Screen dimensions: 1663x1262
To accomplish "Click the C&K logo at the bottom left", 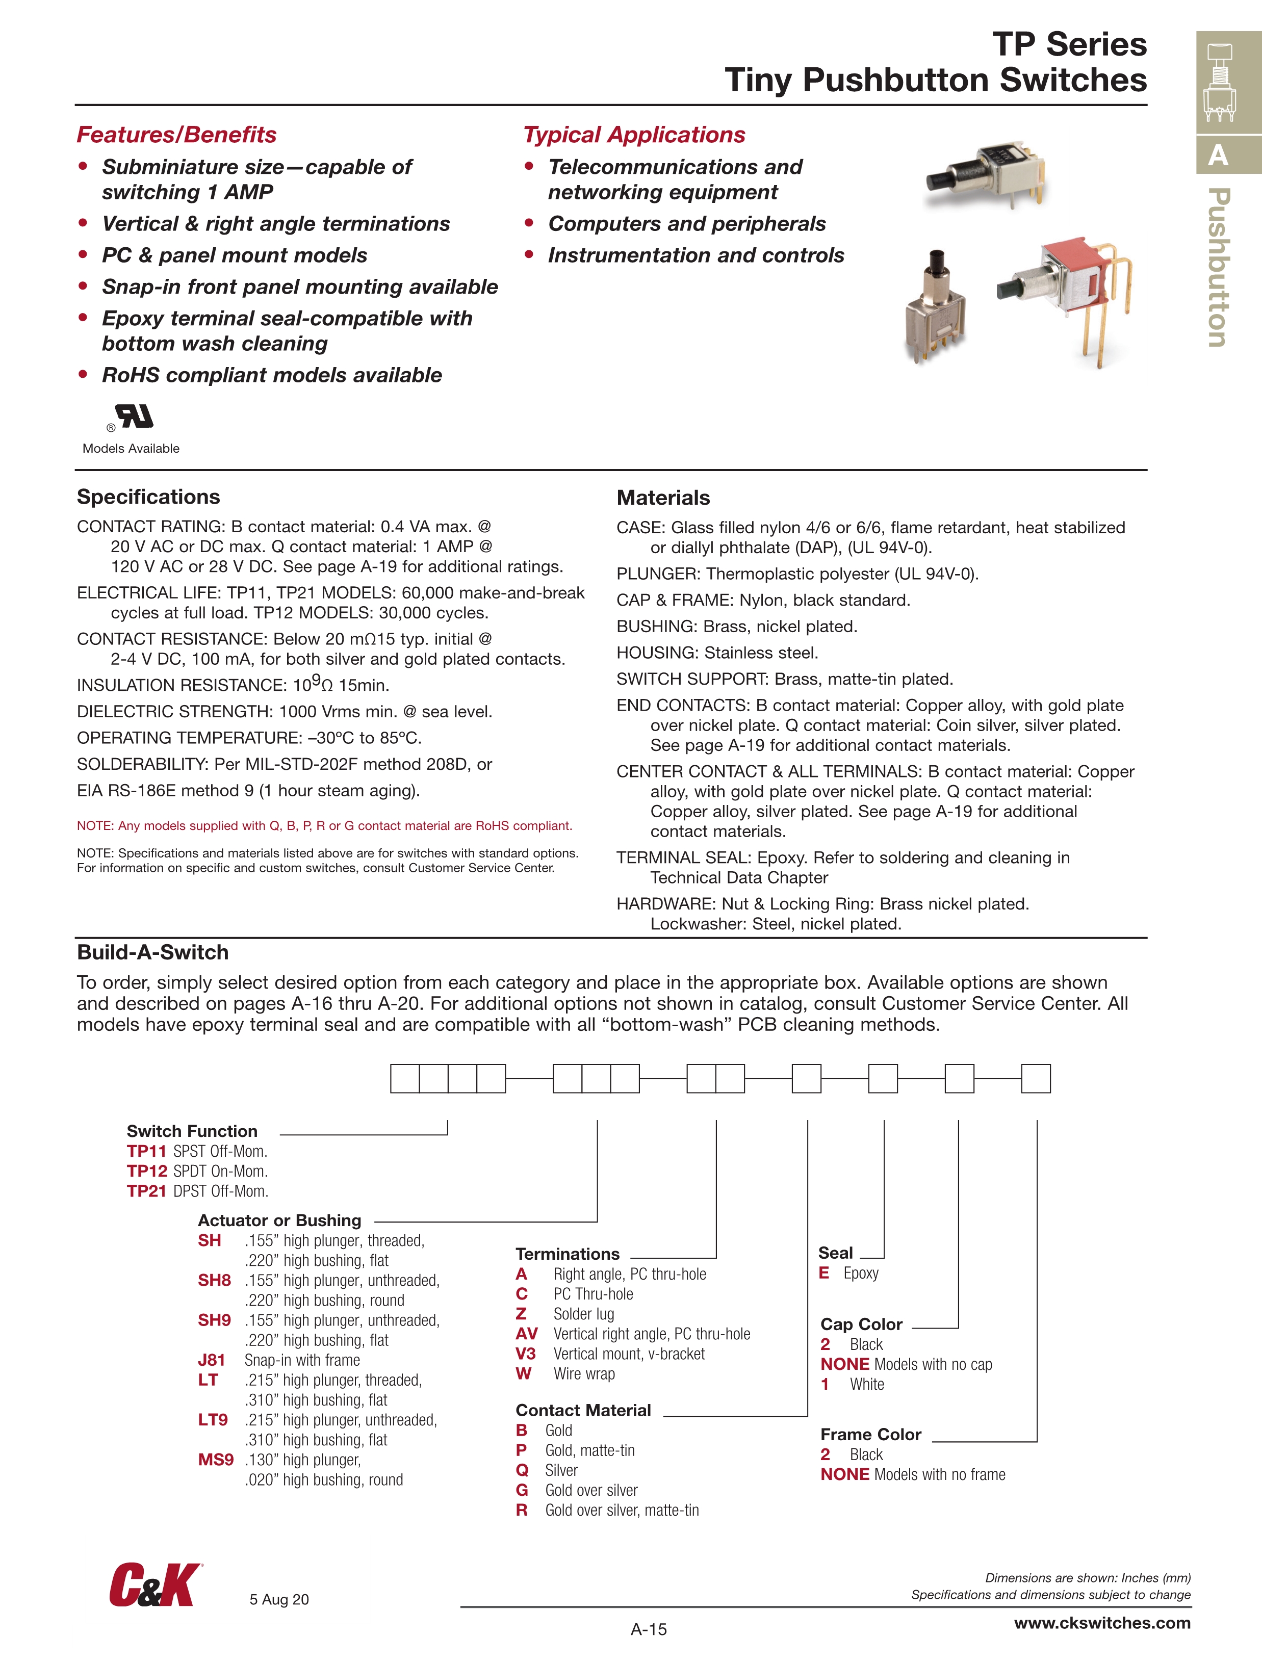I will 155,1585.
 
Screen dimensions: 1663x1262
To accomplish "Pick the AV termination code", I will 526,1334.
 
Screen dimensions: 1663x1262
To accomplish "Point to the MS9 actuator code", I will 216,1459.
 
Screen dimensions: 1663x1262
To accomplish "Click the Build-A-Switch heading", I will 152,952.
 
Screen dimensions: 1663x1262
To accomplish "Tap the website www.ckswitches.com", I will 1102,1622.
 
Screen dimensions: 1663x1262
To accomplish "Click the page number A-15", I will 648,1629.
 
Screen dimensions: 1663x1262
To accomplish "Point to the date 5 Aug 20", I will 279,1599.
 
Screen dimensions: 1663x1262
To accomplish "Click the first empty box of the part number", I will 405,1078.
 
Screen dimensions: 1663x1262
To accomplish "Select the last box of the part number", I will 1036,1078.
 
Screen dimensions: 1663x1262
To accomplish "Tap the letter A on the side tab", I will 1218,155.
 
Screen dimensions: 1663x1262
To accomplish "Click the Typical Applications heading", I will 634,135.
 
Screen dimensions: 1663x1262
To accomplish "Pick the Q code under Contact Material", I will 522,1470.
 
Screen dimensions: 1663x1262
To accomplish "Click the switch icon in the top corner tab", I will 1220,82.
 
